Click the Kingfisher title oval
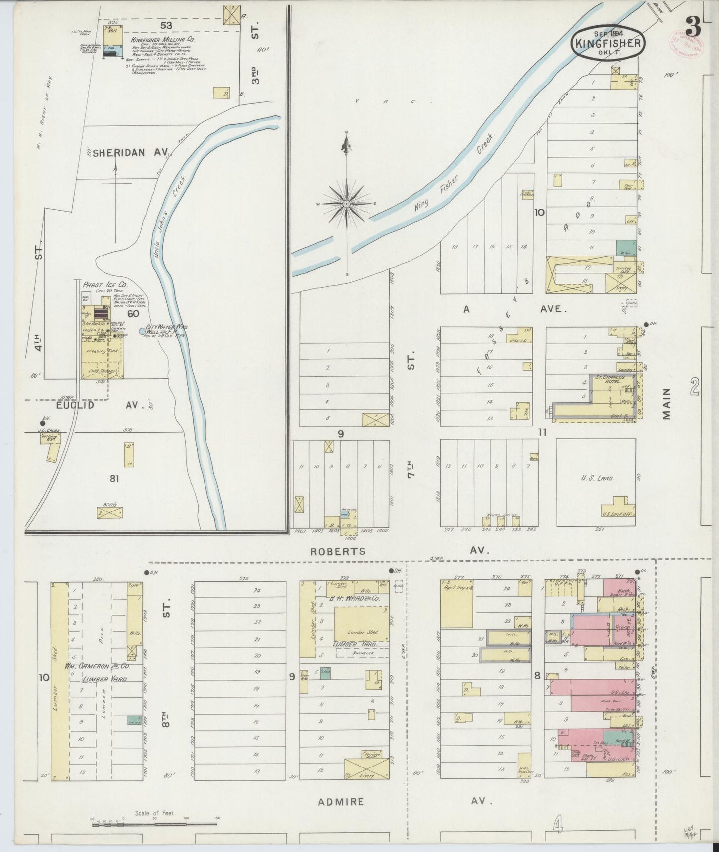(x=609, y=42)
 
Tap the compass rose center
(x=346, y=204)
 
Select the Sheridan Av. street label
(x=118, y=153)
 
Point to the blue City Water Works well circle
(x=142, y=331)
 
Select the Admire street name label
(x=341, y=802)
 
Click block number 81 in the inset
(x=115, y=479)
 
